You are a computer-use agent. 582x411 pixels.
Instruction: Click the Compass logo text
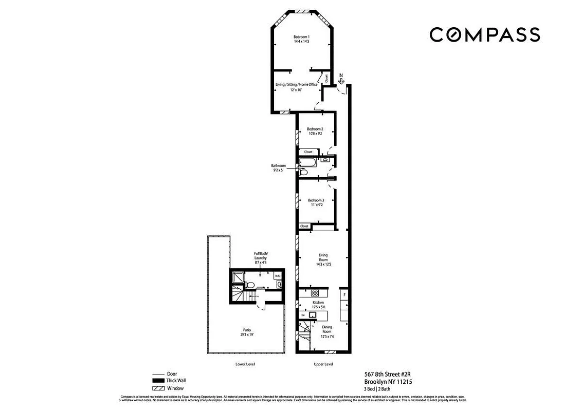tap(484, 35)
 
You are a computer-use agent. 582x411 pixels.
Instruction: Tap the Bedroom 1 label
tap(302, 36)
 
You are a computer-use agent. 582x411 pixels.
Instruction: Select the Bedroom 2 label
tap(315, 128)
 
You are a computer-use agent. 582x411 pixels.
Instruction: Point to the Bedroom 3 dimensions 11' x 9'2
tap(316, 205)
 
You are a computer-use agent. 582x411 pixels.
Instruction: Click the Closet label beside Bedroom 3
tap(304, 226)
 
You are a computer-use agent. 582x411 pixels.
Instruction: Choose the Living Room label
tap(323, 255)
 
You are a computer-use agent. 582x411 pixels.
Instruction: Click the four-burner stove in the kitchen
tap(315, 293)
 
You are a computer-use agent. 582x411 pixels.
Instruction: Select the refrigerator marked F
tap(344, 296)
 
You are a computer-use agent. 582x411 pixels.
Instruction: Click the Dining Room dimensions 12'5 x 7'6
tap(327, 337)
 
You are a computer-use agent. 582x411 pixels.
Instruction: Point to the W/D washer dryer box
tap(278, 276)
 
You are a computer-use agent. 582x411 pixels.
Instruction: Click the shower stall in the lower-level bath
tap(237, 278)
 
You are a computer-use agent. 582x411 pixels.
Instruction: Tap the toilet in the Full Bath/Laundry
tap(248, 284)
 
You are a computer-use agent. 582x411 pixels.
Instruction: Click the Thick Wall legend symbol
tap(157, 381)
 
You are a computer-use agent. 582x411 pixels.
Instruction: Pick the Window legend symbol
tap(157, 388)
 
